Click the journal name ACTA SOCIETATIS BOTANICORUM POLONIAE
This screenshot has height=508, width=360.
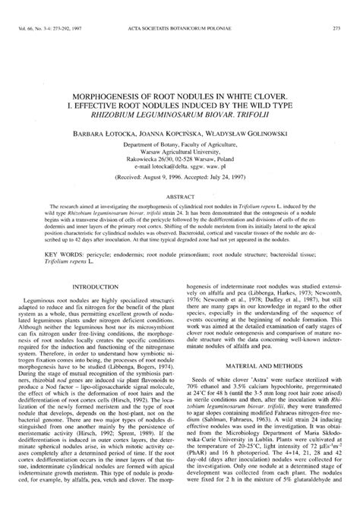tap(179, 8)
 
